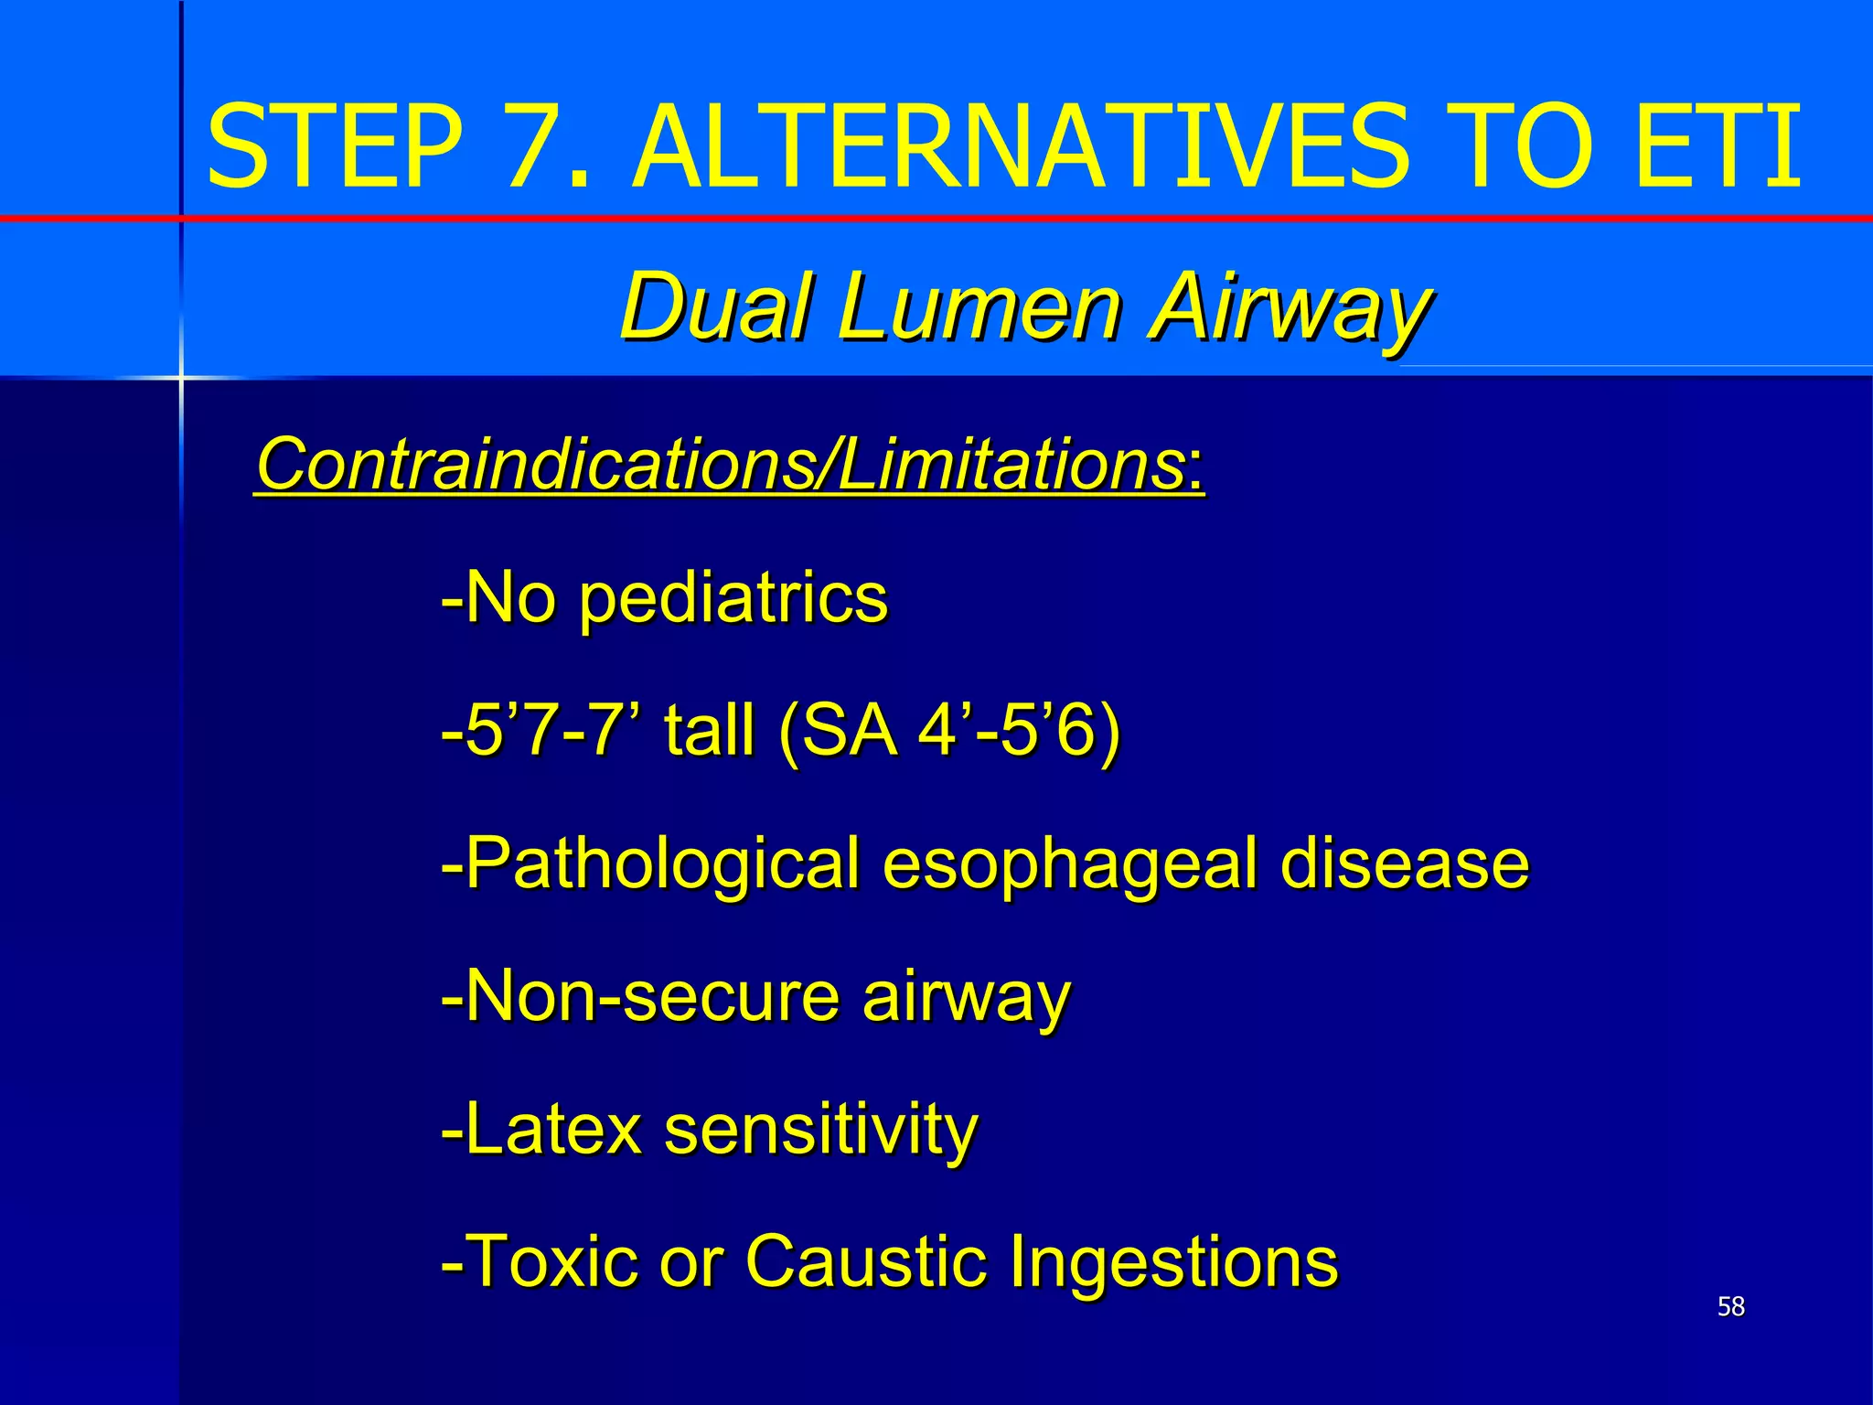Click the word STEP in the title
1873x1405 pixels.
pyautogui.click(x=335, y=146)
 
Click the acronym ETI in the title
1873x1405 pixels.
pyautogui.click(x=1718, y=146)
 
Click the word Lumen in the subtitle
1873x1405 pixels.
pyautogui.click(x=979, y=306)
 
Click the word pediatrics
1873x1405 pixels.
pyautogui.click(x=733, y=600)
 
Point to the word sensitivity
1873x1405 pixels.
pyautogui.click(x=820, y=1131)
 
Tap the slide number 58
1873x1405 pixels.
pyautogui.click(x=1730, y=1306)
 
